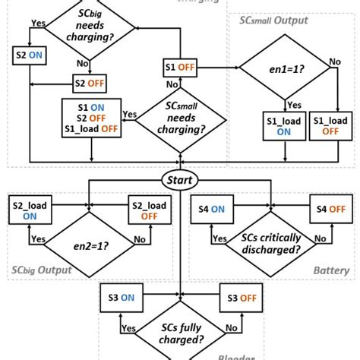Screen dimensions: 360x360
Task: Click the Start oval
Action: pos(180,180)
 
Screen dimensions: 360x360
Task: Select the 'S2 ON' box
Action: pos(27,55)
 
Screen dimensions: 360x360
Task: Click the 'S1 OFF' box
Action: pos(180,68)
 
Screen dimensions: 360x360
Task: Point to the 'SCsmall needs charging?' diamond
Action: pos(181,117)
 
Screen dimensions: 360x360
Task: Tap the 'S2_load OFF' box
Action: pos(147,209)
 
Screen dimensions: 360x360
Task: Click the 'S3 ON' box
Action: pos(121,298)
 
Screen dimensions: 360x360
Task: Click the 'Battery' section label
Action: pos(331,270)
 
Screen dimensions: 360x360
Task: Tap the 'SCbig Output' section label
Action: pos(41,270)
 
